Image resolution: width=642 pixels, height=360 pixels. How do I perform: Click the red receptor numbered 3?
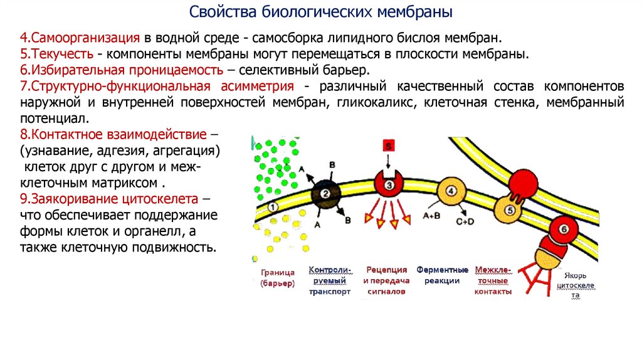click(x=389, y=184)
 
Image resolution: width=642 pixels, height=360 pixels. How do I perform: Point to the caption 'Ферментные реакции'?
click(x=442, y=275)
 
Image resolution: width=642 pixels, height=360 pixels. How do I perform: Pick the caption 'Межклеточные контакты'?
click(x=493, y=280)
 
